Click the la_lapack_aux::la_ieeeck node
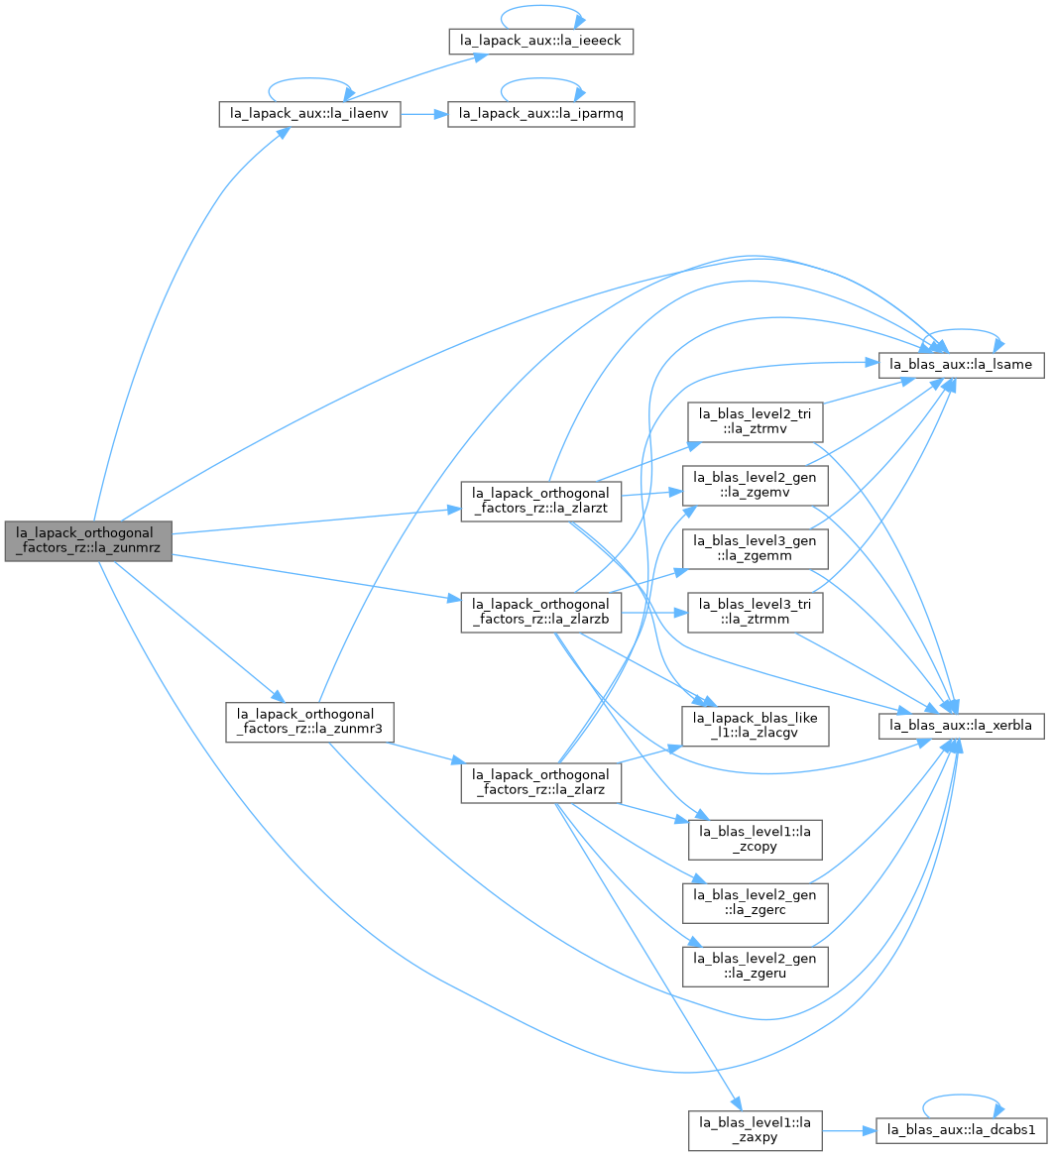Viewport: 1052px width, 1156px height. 541,41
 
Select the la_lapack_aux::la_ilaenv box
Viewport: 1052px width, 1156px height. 309,114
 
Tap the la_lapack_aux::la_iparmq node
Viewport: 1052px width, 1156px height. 541,114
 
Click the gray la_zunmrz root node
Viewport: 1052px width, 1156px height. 88,540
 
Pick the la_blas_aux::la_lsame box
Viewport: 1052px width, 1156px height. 962,364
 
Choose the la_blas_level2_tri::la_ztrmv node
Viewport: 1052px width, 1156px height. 755,421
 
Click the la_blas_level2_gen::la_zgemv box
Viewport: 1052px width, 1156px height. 755,485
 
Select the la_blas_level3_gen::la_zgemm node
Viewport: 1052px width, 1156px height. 755,548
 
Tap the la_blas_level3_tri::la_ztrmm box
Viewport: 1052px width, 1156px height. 755,612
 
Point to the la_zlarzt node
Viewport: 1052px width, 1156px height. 541,502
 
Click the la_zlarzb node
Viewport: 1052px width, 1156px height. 541,612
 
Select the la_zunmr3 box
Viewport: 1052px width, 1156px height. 309,722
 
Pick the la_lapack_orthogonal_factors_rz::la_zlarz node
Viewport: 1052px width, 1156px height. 541,783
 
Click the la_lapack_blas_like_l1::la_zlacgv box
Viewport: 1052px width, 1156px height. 755,726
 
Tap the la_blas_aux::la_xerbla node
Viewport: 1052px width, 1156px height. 962,726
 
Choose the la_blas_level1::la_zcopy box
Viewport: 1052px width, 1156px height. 755,839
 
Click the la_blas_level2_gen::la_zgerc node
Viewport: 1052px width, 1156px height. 755,902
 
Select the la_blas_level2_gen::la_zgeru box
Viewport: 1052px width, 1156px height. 755,966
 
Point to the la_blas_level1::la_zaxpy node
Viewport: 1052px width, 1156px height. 755,1130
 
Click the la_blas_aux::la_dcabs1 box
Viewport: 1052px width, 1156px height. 962,1130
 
